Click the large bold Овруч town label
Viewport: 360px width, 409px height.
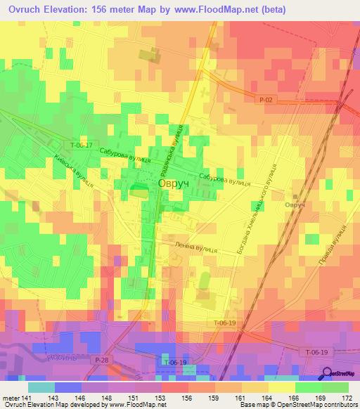173,183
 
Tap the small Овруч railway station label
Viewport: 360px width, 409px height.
294,204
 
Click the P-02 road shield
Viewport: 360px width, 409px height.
265,100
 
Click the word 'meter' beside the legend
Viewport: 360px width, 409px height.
10,398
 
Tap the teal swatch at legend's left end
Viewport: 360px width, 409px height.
41,387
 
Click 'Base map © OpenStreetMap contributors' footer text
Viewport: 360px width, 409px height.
299,405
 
